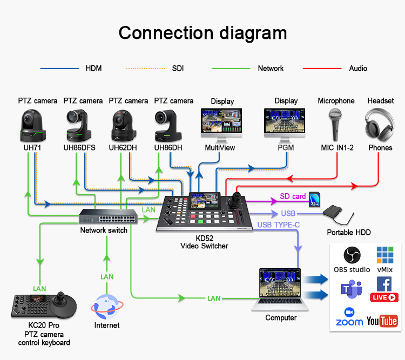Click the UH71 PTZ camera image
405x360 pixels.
[x=33, y=125]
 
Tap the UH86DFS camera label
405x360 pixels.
[x=79, y=148]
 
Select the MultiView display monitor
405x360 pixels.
[x=221, y=125]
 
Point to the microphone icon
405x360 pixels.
[x=335, y=124]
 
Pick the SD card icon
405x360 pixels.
[x=315, y=199]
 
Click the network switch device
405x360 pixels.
[x=108, y=216]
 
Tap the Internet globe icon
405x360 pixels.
[x=107, y=307]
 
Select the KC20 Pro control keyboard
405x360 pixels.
[x=44, y=305]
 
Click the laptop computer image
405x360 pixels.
[x=280, y=290]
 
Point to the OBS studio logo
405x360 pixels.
[x=352, y=255]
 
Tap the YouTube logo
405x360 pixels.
[x=382, y=321]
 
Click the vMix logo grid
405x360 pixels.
[x=385, y=255]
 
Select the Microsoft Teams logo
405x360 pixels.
[x=352, y=289]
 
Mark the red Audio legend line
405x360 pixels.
[x=322, y=69]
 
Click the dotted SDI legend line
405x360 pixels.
[x=145, y=69]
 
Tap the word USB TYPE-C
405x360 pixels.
[x=279, y=225]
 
